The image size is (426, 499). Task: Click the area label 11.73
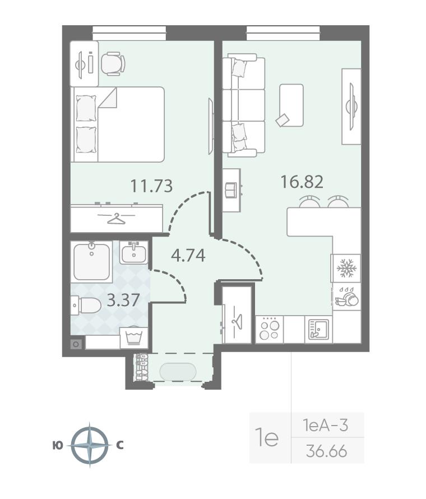(152, 186)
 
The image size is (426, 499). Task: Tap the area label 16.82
(302, 182)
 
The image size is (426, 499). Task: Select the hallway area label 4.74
(188, 255)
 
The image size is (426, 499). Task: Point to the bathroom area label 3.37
(123, 300)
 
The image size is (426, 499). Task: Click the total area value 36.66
(326, 451)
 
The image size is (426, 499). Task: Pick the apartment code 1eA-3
(326, 425)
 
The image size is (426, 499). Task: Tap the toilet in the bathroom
(86, 305)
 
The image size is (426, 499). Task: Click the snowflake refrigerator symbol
(345, 268)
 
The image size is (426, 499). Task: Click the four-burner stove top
(269, 329)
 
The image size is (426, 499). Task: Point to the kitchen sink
(318, 329)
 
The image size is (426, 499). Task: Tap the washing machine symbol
(134, 338)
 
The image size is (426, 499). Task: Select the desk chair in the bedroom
(113, 64)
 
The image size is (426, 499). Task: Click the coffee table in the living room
(291, 105)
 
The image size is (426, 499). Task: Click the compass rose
(90, 445)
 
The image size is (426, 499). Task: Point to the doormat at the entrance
(178, 371)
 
